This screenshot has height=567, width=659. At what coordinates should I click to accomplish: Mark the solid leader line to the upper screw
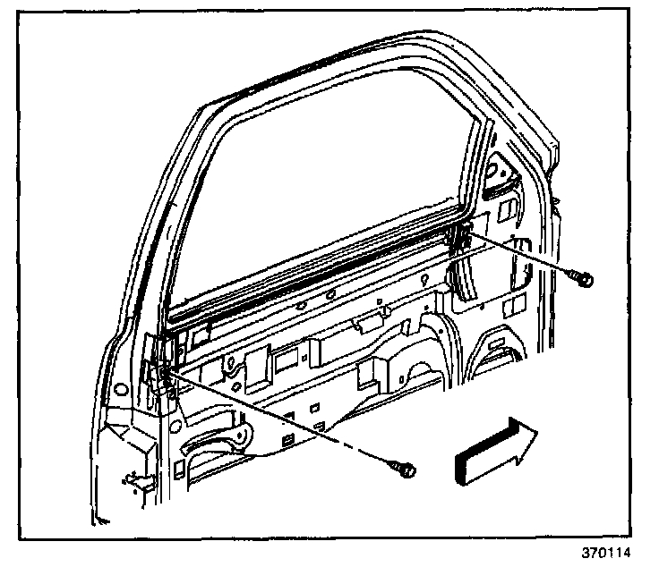tap(519, 255)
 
